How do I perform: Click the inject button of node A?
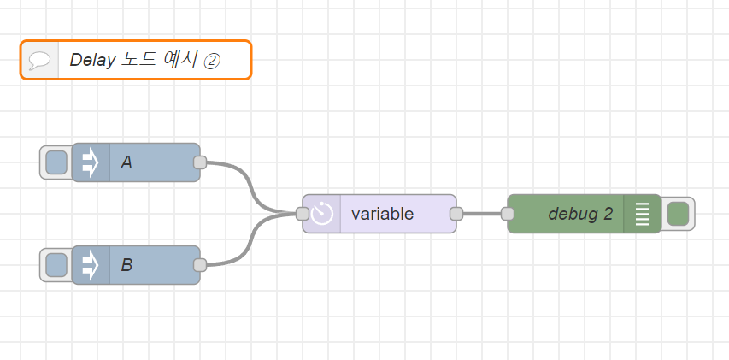click(x=56, y=162)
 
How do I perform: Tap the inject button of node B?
click(x=56, y=265)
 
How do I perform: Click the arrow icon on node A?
click(x=91, y=162)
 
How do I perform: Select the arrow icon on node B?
click(x=91, y=265)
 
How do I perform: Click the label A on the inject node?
click(x=126, y=162)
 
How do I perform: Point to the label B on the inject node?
click(x=126, y=265)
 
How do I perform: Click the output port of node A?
click(x=200, y=162)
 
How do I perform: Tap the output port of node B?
click(x=200, y=265)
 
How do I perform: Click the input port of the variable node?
click(x=303, y=214)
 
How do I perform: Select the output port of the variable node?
click(x=456, y=214)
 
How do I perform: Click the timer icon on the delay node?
click(x=322, y=214)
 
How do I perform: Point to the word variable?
click(x=382, y=214)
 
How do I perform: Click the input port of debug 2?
click(x=508, y=214)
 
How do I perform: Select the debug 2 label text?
click(x=581, y=214)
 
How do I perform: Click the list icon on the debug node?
click(x=642, y=214)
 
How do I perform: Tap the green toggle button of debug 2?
click(x=678, y=214)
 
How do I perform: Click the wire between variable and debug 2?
click(x=482, y=214)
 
